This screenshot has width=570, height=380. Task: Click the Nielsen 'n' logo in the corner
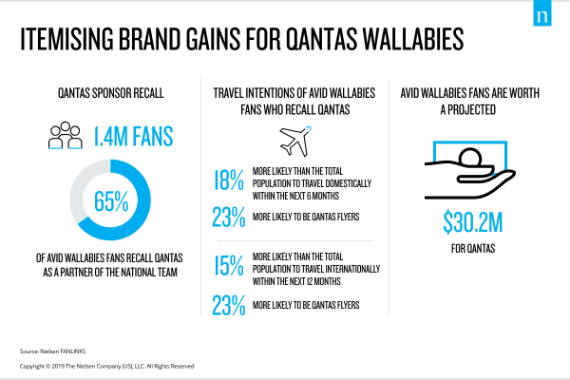(x=542, y=13)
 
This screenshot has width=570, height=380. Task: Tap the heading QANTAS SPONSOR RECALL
(x=111, y=93)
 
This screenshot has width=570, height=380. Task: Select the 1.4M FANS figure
(x=133, y=137)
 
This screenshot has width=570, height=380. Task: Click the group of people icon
(x=66, y=135)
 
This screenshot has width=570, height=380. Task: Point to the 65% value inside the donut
(x=111, y=201)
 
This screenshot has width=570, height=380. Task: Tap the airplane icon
(x=295, y=142)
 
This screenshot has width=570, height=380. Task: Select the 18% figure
(x=229, y=180)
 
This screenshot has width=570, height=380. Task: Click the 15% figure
(x=229, y=265)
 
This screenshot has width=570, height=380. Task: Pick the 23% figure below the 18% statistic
(x=229, y=218)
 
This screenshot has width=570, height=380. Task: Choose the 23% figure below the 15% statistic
(x=229, y=305)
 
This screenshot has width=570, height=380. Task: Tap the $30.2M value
(x=472, y=222)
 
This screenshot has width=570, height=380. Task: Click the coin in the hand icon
(x=469, y=157)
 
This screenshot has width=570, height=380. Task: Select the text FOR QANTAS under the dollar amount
(x=473, y=248)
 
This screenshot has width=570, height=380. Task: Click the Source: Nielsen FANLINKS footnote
(x=52, y=351)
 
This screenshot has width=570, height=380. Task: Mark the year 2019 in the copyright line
(x=58, y=366)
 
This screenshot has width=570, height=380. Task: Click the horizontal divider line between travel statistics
(x=295, y=240)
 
